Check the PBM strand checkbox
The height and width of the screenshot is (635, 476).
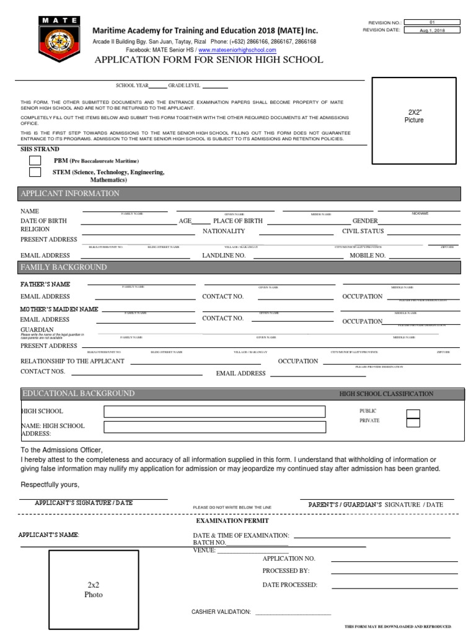(35, 161)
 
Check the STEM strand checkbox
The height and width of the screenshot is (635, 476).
(35, 172)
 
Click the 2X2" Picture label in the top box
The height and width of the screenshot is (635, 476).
(413, 116)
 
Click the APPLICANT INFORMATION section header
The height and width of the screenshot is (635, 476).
(70, 193)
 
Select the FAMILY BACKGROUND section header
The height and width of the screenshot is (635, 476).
(64, 267)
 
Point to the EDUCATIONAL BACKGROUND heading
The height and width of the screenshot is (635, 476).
(78, 394)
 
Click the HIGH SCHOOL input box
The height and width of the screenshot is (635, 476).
(214, 412)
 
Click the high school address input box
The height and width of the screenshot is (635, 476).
(214, 427)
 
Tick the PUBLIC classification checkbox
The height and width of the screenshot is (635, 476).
(413, 414)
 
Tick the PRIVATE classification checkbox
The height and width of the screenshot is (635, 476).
(413, 423)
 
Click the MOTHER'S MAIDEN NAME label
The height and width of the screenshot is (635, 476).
(59, 309)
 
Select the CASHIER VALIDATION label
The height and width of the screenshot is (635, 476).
(221, 612)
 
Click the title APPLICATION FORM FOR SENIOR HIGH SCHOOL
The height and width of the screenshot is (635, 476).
(208, 60)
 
